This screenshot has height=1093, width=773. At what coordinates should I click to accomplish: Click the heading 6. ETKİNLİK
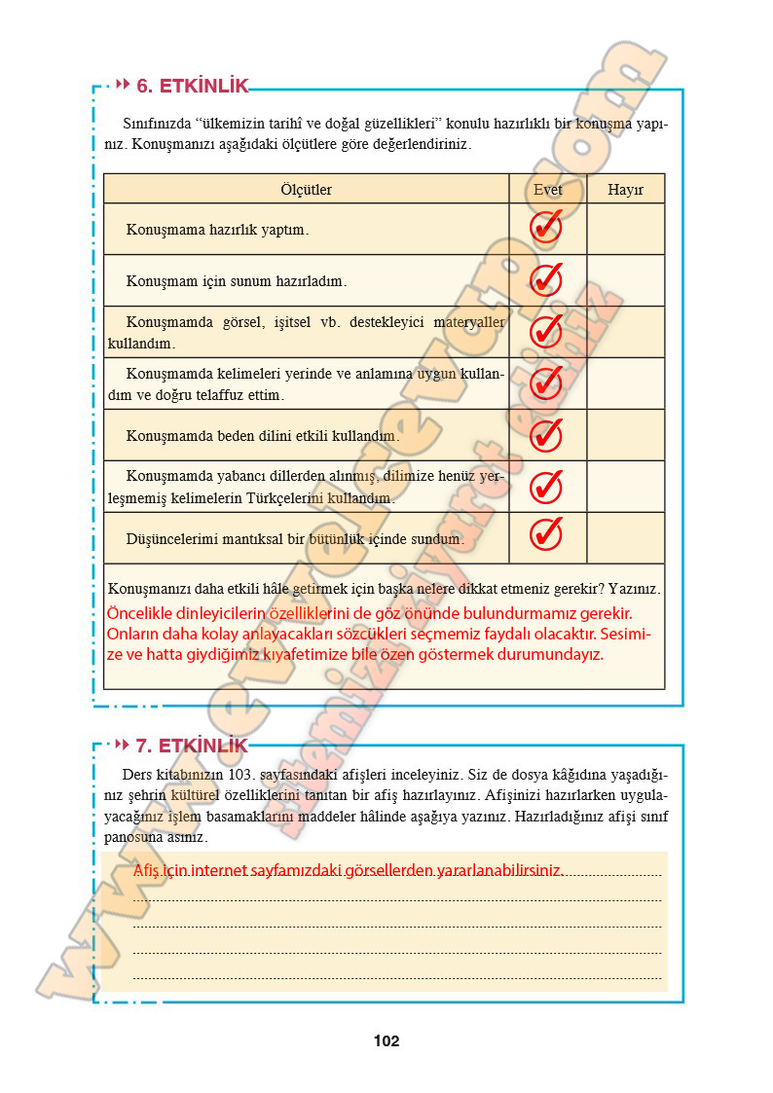click(x=192, y=86)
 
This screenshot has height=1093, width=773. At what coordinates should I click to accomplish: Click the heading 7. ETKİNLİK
click(x=192, y=747)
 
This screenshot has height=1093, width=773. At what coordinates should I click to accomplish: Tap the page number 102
click(x=386, y=1040)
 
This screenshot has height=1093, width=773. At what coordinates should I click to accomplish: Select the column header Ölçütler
click(x=306, y=190)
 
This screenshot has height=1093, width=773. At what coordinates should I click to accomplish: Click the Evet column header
click(x=547, y=190)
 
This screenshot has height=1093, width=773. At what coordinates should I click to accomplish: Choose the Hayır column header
click(x=625, y=190)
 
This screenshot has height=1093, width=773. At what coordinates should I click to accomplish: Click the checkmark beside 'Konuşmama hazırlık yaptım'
click(x=546, y=229)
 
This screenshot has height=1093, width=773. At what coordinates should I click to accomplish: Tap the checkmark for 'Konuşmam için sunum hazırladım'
click(x=546, y=280)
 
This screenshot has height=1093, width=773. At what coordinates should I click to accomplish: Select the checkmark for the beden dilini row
click(x=546, y=435)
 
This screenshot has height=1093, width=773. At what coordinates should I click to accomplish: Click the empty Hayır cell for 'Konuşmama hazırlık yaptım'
click(x=625, y=230)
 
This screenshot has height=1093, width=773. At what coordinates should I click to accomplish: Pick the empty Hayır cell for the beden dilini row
click(x=625, y=435)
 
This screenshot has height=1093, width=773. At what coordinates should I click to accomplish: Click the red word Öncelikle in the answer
click(x=143, y=613)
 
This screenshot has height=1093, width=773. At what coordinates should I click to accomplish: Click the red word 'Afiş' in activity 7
click(x=146, y=870)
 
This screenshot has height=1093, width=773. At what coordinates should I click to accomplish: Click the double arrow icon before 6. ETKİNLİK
click(x=123, y=86)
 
